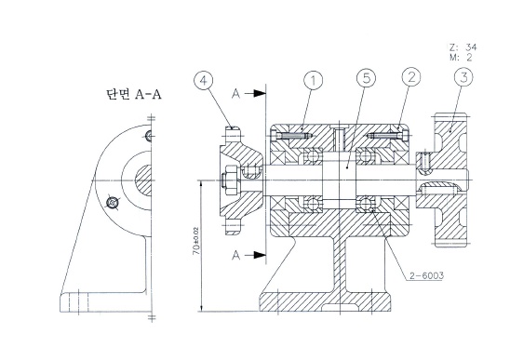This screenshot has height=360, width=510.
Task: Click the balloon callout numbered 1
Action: pos(314,80)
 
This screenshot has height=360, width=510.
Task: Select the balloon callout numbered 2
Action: pos(411,77)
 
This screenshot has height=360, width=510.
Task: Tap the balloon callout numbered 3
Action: pos(463,77)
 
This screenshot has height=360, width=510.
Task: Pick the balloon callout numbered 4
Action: pos(203,80)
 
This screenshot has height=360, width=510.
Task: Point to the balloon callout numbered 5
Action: pos(366,78)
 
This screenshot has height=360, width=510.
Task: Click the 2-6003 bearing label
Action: pos(426,275)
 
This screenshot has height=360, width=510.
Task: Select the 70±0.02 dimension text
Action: pos(195,241)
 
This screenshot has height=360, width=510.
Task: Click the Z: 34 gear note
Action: pos(463,47)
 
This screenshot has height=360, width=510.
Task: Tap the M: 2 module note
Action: pos(461,58)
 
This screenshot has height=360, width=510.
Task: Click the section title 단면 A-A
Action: pos(134,94)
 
